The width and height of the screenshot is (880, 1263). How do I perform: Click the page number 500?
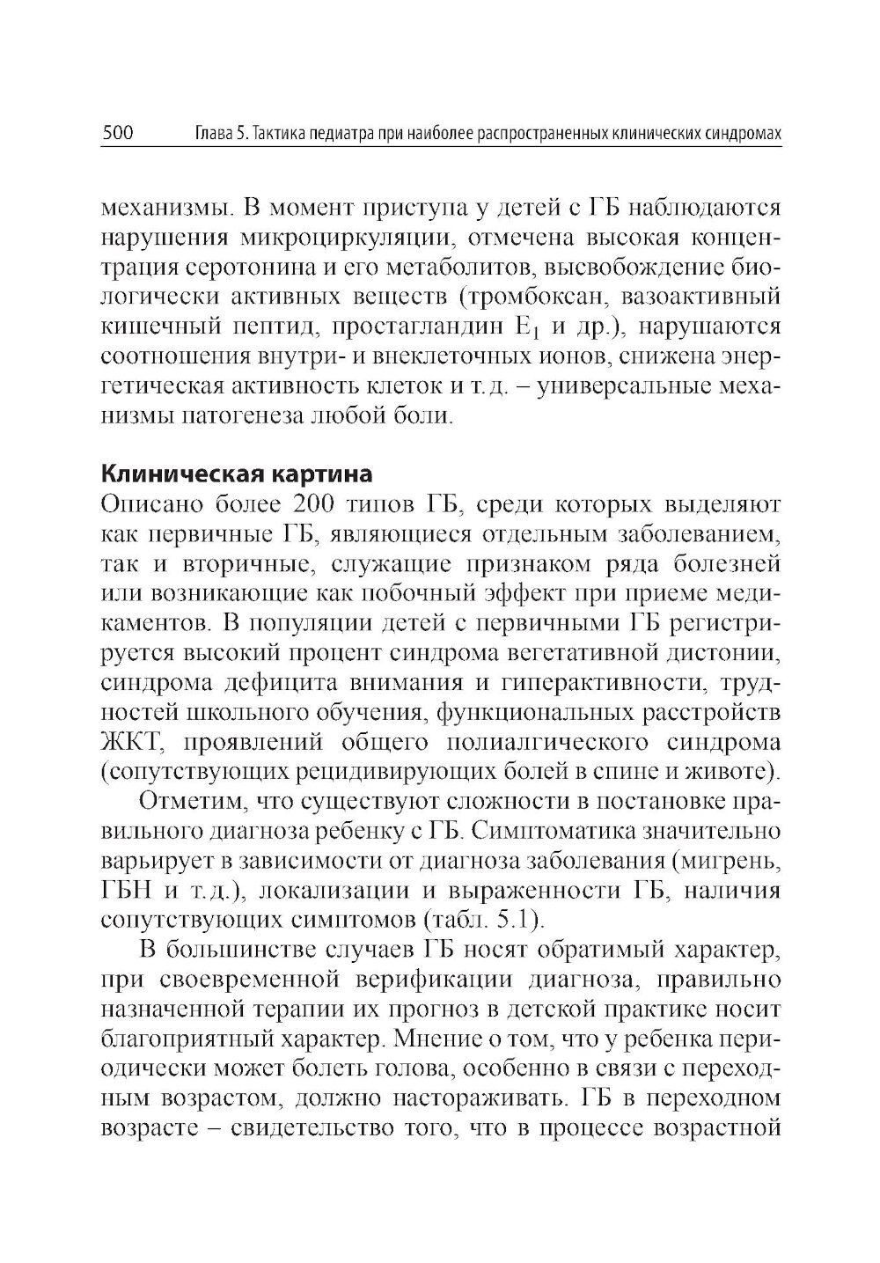[x=118, y=135]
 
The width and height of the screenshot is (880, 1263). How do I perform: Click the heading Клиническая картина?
[x=237, y=474]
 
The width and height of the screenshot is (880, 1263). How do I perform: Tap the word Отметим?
[x=187, y=802]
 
